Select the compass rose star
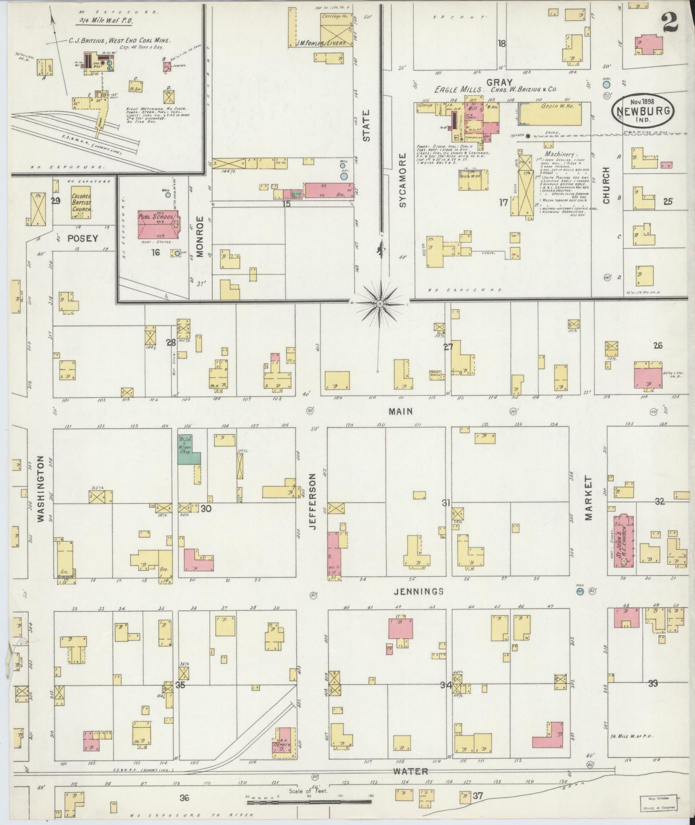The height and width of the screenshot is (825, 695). [380, 304]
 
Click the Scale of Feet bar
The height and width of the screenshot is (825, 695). [308, 803]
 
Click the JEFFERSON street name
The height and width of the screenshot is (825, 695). [313, 501]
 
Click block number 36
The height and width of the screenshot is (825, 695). [184, 798]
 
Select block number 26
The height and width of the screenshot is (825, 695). [658, 345]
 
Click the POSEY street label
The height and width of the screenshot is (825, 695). [83, 238]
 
